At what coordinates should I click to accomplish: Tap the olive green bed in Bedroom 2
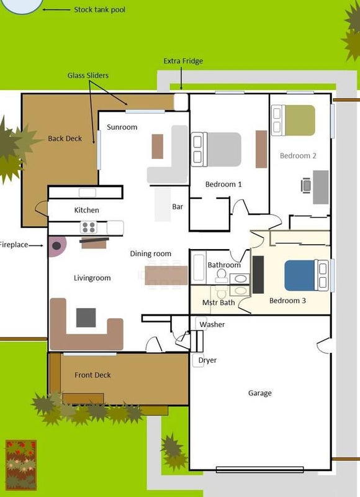(x=293, y=120)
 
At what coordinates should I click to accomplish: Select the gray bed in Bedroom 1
(x=216, y=149)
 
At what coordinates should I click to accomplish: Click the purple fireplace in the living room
(x=57, y=245)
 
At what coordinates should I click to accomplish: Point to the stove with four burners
(x=88, y=227)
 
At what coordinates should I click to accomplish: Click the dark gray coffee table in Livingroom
(x=86, y=317)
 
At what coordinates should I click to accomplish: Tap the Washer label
(x=212, y=324)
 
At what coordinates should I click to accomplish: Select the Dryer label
(x=207, y=360)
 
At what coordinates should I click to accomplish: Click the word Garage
(x=259, y=393)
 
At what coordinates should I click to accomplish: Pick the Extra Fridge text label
(x=183, y=61)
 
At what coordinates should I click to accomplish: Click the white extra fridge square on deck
(x=181, y=102)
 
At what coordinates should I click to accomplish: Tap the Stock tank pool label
(x=99, y=10)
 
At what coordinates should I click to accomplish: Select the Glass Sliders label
(x=88, y=75)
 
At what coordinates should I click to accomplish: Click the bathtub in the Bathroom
(x=199, y=267)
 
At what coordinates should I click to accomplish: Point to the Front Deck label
(x=92, y=375)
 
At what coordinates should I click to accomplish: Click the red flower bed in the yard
(x=21, y=465)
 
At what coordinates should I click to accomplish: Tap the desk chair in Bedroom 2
(x=306, y=185)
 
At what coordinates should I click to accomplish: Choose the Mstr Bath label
(x=218, y=303)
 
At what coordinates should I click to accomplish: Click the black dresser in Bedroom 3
(x=258, y=275)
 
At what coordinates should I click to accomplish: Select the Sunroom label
(x=122, y=127)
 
